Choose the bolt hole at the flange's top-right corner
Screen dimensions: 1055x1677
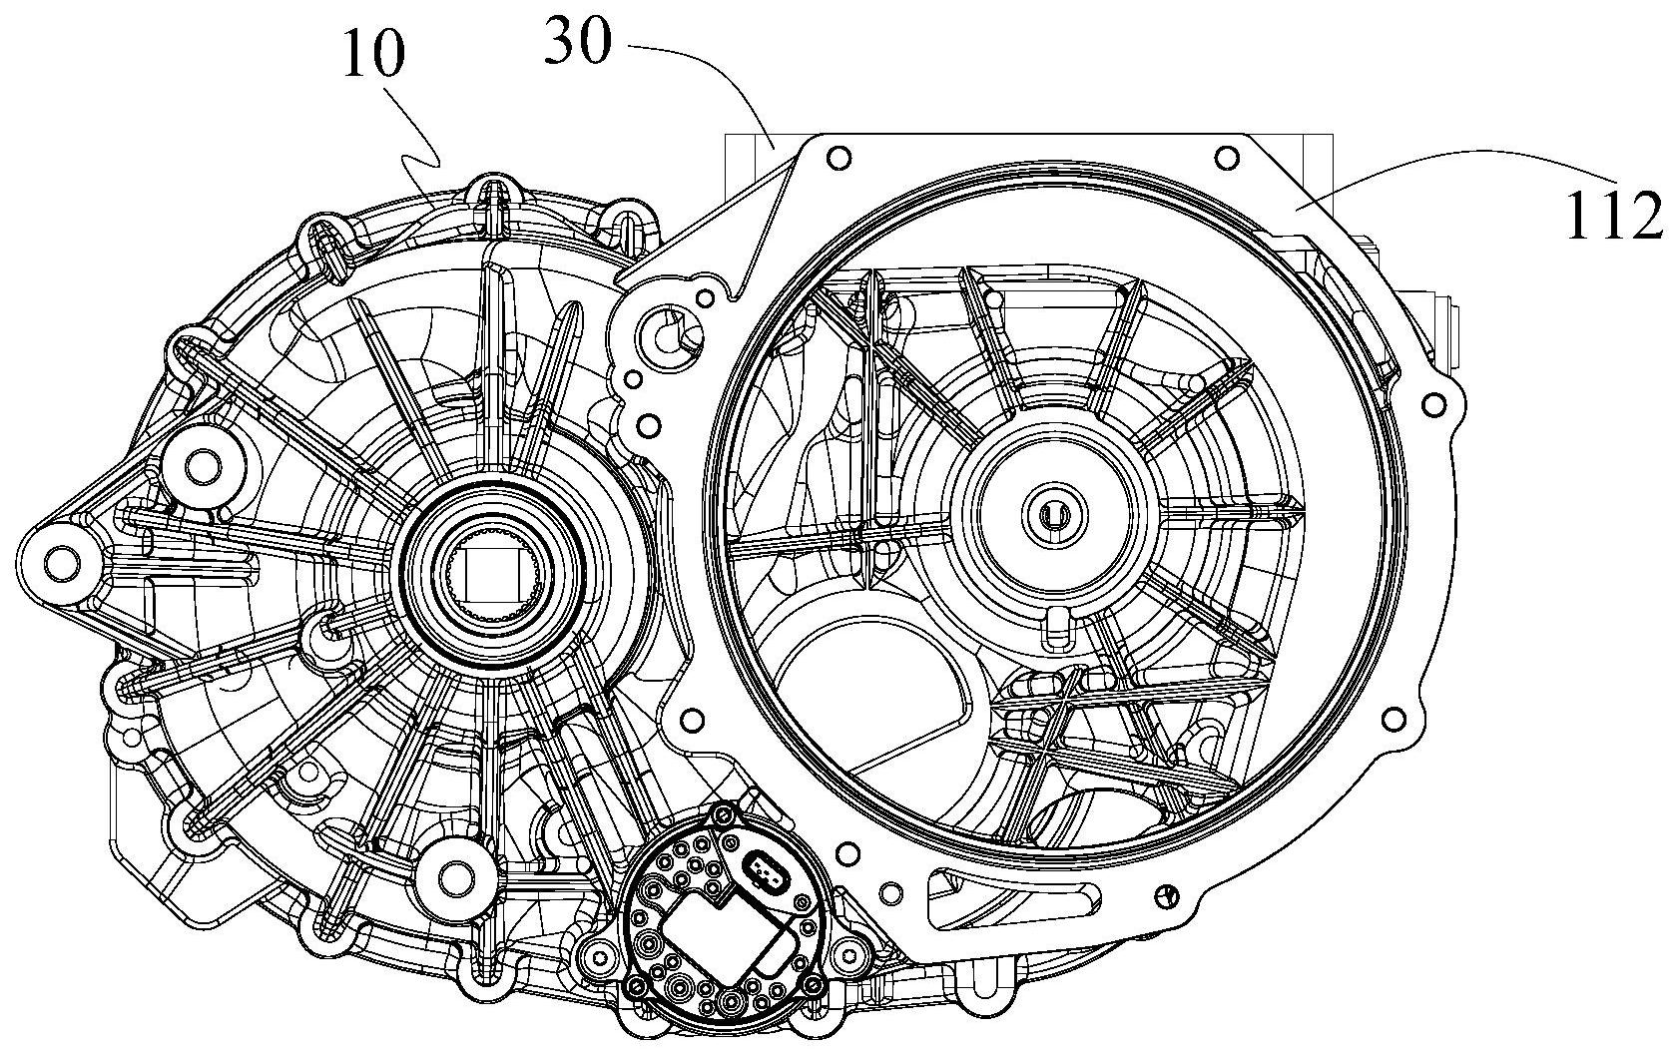coord(1225,158)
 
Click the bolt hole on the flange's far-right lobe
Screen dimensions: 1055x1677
coord(1434,404)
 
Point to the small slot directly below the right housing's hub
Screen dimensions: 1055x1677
coord(1055,626)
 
